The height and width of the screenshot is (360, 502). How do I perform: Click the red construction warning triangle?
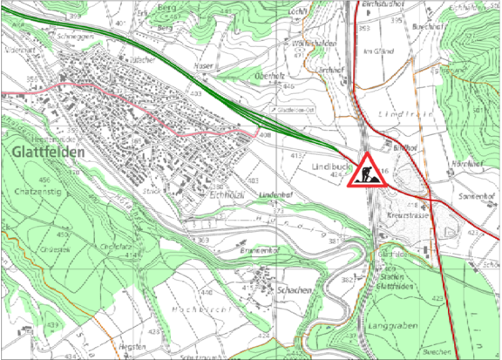click(x=367, y=169)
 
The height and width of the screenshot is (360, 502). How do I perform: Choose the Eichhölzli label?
click(x=226, y=195)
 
